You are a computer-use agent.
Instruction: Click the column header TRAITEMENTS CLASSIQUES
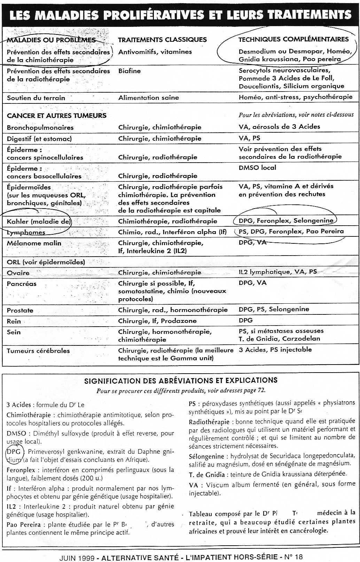click(x=162, y=40)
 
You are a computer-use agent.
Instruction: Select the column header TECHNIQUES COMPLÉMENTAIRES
click(x=293, y=39)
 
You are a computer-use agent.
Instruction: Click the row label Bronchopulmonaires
click(x=40, y=127)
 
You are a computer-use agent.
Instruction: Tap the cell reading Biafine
click(x=129, y=71)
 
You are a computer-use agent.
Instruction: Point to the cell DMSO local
click(x=257, y=167)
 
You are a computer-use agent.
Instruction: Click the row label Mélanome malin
click(x=34, y=243)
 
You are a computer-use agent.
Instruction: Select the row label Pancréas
click(x=21, y=283)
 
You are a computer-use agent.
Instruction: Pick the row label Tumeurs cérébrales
click(x=38, y=351)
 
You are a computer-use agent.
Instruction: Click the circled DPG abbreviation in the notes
click(x=14, y=452)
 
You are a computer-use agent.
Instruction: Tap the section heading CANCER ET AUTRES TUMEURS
click(x=56, y=116)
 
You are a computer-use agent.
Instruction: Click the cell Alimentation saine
click(x=148, y=98)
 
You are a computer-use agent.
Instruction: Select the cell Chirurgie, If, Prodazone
click(x=157, y=321)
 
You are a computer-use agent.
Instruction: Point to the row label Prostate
click(x=20, y=310)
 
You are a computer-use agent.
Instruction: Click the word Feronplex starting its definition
click(x=21, y=470)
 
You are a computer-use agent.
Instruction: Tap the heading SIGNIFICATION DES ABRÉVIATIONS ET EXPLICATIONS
click(x=181, y=381)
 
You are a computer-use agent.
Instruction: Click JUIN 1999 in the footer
click(x=77, y=557)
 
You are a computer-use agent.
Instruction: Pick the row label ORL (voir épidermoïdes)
click(x=46, y=262)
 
